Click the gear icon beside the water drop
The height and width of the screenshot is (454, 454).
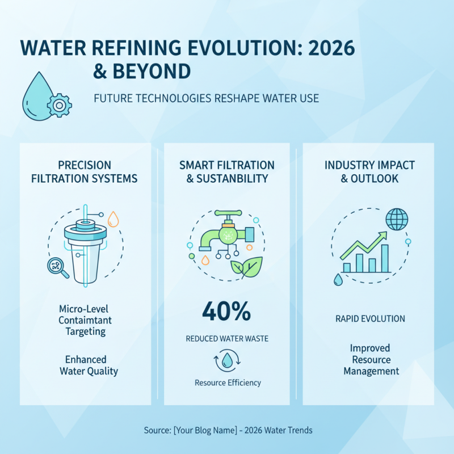pos(59,105)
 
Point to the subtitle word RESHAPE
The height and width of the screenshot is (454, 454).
pos(238,99)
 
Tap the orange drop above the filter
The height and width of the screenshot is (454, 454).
pos(113,218)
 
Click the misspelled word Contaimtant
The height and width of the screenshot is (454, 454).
pos(85,320)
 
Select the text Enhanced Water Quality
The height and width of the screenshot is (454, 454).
pos(89,365)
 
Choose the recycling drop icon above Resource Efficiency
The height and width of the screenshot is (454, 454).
pos(227,360)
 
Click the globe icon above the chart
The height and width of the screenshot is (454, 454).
pos(396,218)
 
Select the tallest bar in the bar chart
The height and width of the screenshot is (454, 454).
pos(385,258)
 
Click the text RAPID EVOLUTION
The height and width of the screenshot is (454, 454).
pos(370,319)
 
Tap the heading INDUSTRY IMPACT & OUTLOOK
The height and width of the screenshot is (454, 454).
pos(369,171)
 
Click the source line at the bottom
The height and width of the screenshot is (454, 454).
pos(228,431)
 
